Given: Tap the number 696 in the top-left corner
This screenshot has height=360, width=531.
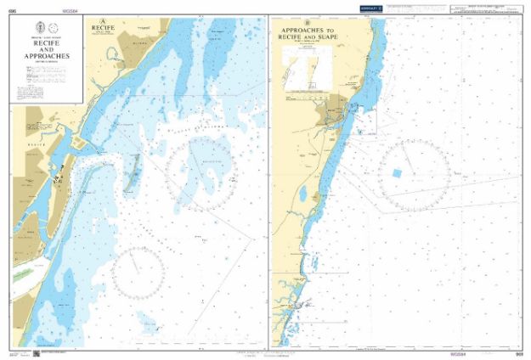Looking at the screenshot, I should pos(12,11).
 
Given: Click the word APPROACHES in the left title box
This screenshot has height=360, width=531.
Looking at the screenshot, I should pos(47,57).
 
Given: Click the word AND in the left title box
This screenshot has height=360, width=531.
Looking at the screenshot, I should pos(47,49).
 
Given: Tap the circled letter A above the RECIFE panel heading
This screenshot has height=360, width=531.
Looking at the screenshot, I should pos(103,20).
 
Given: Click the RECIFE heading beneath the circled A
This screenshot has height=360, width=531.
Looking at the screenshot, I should pos(103,27).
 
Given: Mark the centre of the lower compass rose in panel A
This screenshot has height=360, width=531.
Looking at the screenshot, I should pos(138,273).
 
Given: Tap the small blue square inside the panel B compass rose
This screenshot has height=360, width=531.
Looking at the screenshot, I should pos(396,173).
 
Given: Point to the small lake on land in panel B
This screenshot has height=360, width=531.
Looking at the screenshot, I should pos(302,194).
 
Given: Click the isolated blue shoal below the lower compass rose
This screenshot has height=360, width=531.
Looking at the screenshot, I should pos(149,325).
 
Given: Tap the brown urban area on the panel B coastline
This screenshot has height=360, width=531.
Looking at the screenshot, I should pos(333,113).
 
